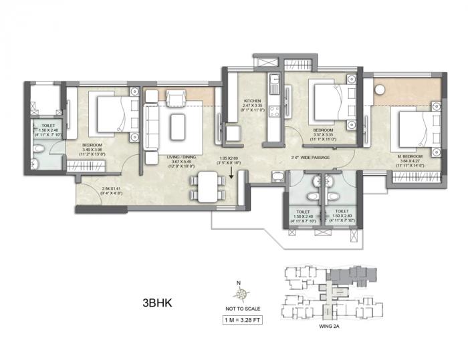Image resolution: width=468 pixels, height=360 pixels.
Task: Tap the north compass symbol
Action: coord(239,292)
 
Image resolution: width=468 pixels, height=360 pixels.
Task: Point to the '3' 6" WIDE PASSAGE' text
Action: coord(310,158)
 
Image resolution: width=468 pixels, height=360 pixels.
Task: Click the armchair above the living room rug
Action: coord(174,99)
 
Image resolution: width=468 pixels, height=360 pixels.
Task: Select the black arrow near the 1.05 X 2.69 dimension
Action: coord(231,174)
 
